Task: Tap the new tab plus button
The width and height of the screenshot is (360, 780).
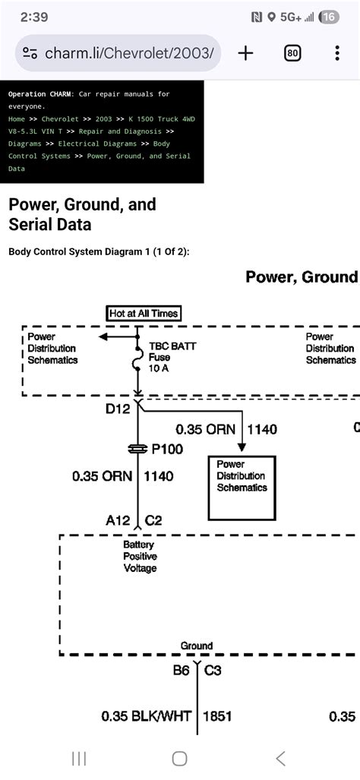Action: pos(245,53)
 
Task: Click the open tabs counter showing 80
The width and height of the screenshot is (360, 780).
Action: pos(292,53)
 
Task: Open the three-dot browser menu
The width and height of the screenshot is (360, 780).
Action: pos(337,53)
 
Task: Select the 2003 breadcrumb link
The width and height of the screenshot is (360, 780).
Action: pos(104,119)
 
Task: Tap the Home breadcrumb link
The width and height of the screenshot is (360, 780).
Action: pos(17,119)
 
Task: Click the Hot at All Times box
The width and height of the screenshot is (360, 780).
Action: pos(144,313)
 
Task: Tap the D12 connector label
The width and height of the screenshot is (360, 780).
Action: pos(118,409)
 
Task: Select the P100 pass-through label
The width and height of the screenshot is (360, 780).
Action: pos(167,449)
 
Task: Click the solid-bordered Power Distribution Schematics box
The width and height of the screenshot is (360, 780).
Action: pos(242,487)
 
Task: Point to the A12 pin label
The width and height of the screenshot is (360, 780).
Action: pos(118,521)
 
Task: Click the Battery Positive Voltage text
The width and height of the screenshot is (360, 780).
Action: pos(139,556)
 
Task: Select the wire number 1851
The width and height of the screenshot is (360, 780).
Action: pos(217,715)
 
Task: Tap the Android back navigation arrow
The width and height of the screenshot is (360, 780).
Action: pos(280,758)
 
